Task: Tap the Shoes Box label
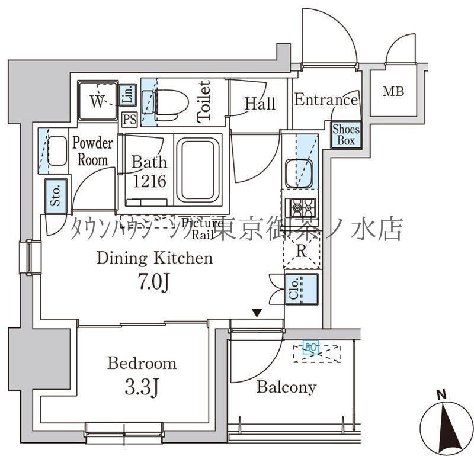click(344, 134)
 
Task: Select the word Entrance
click(326, 100)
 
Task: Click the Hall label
click(260, 104)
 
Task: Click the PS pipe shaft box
click(130, 118)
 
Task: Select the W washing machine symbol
click(97, 100)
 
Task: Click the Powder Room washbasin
click(57, 151)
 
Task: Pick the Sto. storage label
click(56, 196)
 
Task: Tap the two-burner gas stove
click(300, 208)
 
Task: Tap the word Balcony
click(286, 387)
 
